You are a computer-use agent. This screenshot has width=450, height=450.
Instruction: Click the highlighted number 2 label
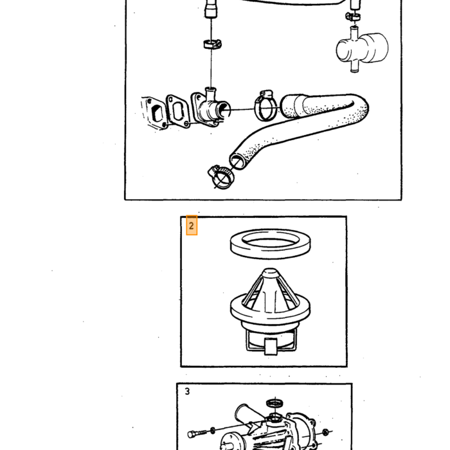192,226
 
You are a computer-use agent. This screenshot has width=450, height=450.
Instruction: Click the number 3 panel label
188,392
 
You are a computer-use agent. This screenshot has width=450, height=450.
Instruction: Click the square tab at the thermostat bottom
271,346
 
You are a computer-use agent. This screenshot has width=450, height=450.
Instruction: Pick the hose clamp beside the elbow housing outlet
265,105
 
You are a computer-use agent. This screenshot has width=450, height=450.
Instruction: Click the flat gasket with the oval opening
177,111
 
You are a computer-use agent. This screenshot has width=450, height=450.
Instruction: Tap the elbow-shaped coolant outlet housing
210,107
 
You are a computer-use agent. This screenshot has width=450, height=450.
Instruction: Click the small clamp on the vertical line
212,44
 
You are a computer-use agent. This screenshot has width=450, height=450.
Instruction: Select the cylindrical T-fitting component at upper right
362,48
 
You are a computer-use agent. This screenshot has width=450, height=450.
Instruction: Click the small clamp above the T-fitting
353,16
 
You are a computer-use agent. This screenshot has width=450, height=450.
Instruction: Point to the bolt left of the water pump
197,433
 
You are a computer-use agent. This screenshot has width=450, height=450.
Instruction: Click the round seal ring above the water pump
275,403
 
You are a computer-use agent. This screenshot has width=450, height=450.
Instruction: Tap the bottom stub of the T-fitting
355,67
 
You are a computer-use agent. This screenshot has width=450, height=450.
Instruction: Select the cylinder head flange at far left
154,113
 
